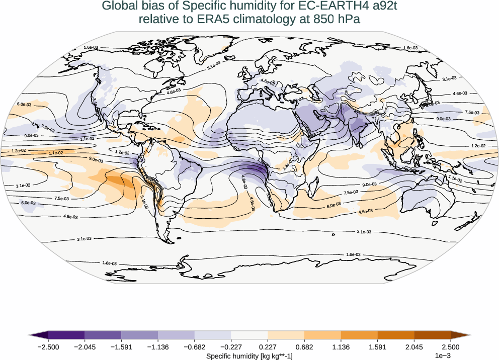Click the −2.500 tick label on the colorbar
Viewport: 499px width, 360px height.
(49, 347)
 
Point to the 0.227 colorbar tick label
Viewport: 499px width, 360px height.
(268, 347)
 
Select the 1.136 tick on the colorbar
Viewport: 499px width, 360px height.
(341, 347)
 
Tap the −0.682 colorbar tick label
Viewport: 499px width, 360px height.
(195, 347)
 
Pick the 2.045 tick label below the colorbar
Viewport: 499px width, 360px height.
(413, 347)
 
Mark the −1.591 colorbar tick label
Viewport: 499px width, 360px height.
(122, 347)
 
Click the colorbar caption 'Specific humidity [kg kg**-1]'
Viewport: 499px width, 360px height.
(249, 356)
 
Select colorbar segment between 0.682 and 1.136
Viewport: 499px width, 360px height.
(322, 335)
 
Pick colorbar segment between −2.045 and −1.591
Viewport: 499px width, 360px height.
(103, 335)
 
